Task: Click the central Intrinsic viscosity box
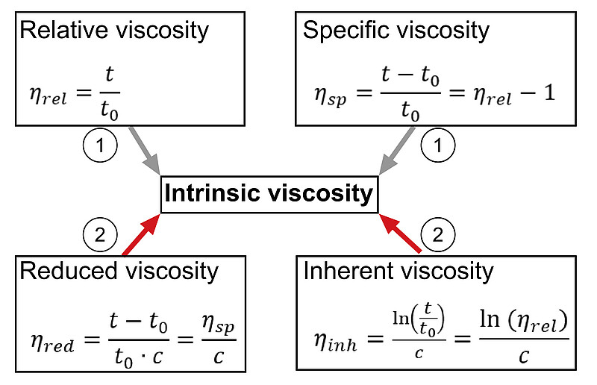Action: click(x=269, y=194)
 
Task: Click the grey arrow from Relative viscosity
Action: click(x=144, y=151)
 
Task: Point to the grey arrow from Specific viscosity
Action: click(x=397, y=151)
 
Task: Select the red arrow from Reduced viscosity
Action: click(x=141, y=234)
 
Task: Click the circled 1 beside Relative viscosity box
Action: click(x=100, y=145)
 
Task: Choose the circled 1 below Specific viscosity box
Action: click(x=438, y=145)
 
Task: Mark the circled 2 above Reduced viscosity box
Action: click(x=100, y=235)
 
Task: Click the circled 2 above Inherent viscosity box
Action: click(x=438, y=235)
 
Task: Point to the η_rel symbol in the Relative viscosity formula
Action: click(x=49, y=96)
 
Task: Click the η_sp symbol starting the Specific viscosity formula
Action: click(x=331, y=96)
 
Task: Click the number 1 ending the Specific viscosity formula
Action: click(x=549, y=93)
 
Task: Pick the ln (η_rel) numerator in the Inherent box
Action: click(x=524, y=320)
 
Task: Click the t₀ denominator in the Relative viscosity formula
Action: click(x=110, y=111)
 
